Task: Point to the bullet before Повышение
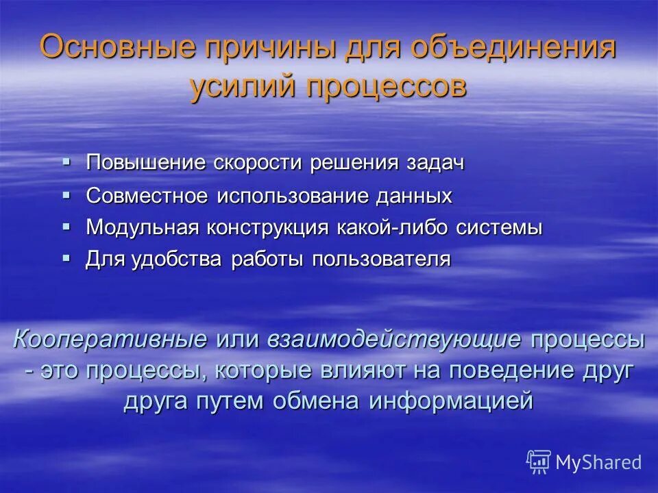point(66,162)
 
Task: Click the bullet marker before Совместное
point(66,194)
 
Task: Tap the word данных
point(413,196)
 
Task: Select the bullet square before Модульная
point(66,226)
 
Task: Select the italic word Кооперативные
point(110,340)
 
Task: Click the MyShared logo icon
point(539,462)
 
